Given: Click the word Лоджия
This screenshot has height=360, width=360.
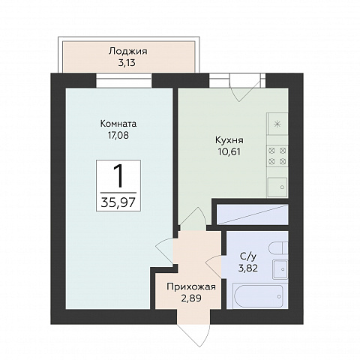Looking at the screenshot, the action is pos(127,52).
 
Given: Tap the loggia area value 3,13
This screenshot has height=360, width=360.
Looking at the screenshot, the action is pos(127,63).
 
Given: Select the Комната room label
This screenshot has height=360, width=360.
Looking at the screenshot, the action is pos(118,124).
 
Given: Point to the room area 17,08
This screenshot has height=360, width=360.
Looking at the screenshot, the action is pos(118,135).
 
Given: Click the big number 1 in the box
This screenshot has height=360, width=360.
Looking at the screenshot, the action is pos(118,175).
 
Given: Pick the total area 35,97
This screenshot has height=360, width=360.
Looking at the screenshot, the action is pos(118,202).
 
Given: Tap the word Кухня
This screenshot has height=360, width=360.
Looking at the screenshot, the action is pos(229,140).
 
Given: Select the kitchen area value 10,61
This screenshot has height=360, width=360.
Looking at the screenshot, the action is pos(229,151).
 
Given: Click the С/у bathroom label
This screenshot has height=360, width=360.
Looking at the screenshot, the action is pos(248,256).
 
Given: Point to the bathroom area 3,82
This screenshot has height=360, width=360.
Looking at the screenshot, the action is pos(248,268).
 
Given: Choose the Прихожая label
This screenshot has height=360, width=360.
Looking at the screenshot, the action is pos(191,286).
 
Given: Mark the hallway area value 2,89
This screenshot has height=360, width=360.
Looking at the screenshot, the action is pos(191,298).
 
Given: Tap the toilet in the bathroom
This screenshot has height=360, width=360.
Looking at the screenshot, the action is pos(278,248).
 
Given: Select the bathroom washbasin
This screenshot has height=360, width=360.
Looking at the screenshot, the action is pos(280,269).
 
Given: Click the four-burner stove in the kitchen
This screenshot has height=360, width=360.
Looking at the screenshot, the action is pos(277,156).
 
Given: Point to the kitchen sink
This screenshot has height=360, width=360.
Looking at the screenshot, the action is pos(277,187).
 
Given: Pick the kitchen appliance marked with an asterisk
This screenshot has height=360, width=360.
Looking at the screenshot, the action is pos(277,124).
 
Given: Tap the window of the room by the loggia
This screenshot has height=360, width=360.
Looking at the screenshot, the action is pos(124,80).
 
